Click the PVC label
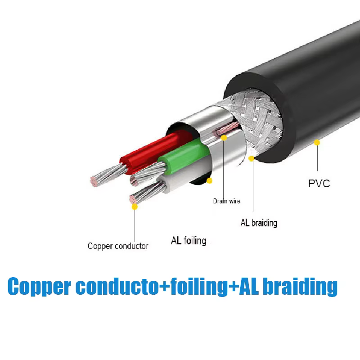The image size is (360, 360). (319, 184)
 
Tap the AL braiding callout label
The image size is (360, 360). (259, 223)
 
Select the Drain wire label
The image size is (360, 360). (227, 201)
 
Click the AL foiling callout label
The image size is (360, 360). (189, 241)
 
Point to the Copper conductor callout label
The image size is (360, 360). (118, 246)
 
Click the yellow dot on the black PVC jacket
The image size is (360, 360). (317, 143)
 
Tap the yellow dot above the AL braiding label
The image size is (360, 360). (252, 158)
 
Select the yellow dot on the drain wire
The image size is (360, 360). (224, 138)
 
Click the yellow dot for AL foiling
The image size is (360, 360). (209, 181)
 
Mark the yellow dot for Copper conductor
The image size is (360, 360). (135, 207)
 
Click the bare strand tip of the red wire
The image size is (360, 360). (94, 181)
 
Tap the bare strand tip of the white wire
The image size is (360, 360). (133, 199)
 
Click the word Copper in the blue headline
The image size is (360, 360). (39, 286)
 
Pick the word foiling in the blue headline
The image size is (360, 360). (199, 287)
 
